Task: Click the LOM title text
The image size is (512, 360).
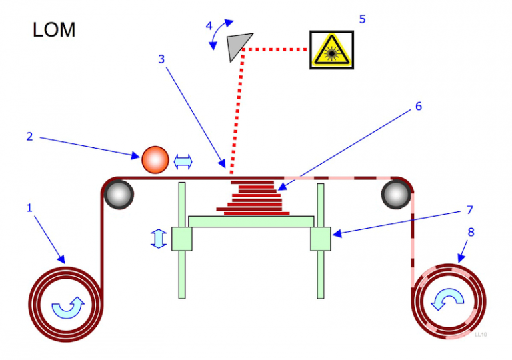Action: [x=54, y=30]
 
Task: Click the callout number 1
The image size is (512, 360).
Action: [x=29, y=208]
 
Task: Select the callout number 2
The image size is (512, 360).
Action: [x=29, y=137]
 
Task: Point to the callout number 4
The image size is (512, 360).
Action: [x=209, y=26]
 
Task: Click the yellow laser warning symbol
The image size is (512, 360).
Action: [x=331, y=50]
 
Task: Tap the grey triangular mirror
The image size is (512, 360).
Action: [x=235, y=47]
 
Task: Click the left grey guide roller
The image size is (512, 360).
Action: [x=119, y=193]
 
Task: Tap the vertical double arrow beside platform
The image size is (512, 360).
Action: [x=158, y=239]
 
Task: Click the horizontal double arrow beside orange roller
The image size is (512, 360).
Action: [x=183, y=161]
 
